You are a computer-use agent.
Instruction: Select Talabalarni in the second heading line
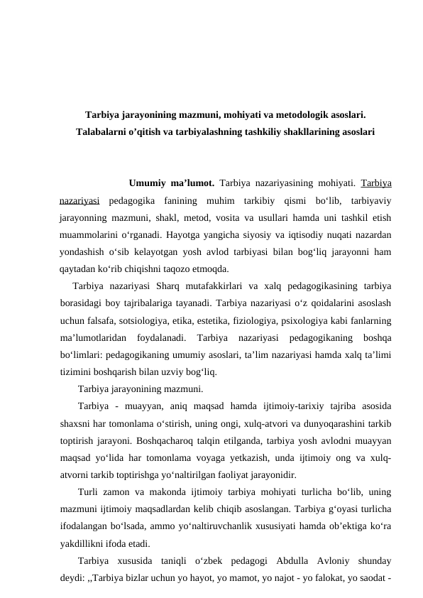pyautogui.click(x=101, y=131)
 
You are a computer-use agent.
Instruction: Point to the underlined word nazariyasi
pyautogui.click(x=79, y=202)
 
